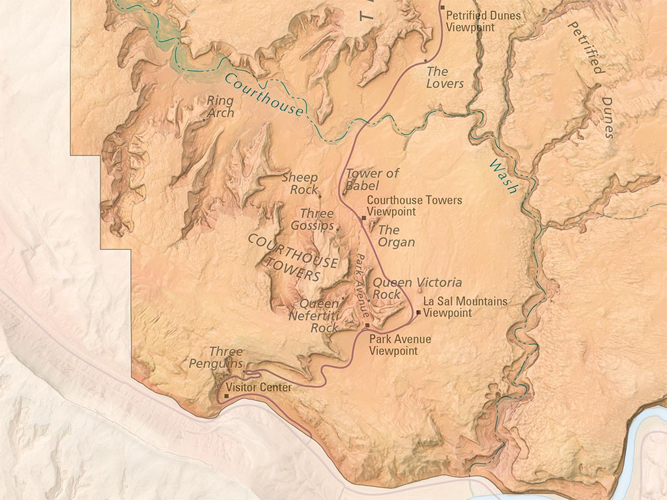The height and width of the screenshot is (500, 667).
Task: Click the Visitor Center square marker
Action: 227,395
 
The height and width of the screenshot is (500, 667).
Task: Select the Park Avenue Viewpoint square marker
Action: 367,325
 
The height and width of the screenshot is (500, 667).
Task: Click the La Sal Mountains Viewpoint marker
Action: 418,312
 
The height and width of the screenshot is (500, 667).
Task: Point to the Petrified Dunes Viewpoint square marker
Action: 442,8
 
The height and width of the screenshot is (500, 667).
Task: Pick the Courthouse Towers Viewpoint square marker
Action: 363,217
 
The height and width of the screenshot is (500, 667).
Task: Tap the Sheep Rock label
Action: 301,183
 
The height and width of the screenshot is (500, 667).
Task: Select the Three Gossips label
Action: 317,219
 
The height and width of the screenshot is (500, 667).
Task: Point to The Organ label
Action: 395,236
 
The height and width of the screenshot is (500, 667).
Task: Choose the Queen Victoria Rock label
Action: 416,288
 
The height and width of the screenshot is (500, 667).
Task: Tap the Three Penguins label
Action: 217,357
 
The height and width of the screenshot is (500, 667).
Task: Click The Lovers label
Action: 445,77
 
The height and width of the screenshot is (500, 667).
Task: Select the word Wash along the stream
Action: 504,176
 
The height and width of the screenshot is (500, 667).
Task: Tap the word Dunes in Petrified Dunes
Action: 607,118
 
